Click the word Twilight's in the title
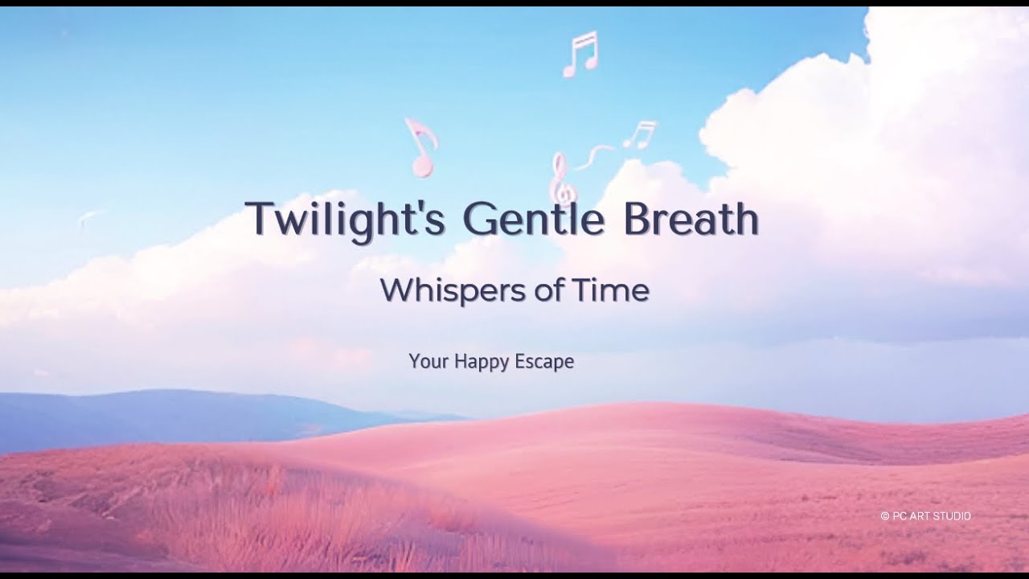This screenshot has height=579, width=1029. [345, 219]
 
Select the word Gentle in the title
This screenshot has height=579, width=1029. [533, 219]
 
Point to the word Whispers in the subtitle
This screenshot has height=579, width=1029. [449, 289]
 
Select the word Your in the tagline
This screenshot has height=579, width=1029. [428, 362]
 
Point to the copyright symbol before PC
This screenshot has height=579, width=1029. [884, 516]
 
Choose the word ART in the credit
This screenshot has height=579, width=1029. [921, 516]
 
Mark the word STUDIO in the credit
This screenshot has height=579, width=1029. [953, 516]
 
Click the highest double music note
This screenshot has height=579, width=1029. [580, 54]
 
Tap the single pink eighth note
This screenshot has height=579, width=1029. [420, 148]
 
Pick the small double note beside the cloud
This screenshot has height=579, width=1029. [641, 134]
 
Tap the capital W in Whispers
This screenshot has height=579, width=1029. [395, 289]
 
